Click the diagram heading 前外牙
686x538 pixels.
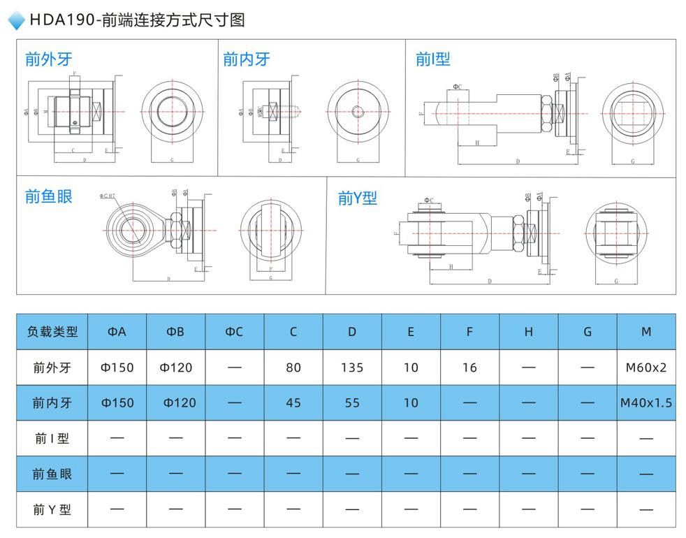point(48,59)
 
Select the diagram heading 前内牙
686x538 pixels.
point(247,59)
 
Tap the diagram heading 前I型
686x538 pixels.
point(432,59)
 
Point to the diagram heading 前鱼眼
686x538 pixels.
point(48,197)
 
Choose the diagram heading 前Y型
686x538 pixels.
point(357,198)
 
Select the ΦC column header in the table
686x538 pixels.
point(234,332)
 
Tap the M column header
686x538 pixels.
point(646,332)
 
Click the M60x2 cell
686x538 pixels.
point(646,368)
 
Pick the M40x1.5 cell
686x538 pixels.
point(646,403)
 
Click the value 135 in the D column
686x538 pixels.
point(352,368)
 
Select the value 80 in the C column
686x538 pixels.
point(293,368)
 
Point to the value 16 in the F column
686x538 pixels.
point(469,368)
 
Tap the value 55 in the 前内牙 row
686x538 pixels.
point(352,403)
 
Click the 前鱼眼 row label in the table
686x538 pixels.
point(52,474)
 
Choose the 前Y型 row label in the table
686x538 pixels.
point(52,510)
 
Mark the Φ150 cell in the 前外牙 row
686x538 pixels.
point(117,368)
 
